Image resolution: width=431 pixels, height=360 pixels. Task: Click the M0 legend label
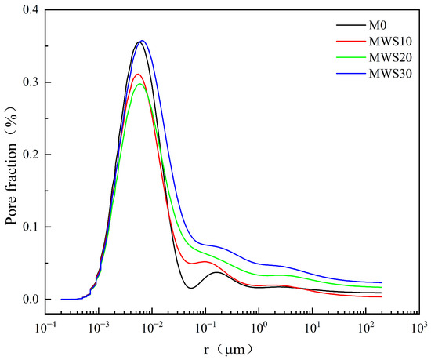(378, 25)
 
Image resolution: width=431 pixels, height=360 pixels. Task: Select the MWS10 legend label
(390, 42)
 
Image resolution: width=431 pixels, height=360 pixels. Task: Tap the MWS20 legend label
(390, 57)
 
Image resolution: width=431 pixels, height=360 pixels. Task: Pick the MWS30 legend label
(390, 74)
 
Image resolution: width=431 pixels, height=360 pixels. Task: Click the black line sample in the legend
(351, 25)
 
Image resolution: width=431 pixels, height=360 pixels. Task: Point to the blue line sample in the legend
(351, 74)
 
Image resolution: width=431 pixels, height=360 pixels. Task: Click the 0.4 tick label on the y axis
(31, 10)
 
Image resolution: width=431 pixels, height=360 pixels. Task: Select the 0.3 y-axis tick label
(31, 82)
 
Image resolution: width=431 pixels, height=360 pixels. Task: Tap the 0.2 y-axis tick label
(31, 155)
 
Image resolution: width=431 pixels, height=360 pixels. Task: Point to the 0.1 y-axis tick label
(31, 227)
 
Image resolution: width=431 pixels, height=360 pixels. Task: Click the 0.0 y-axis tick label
(31, 300)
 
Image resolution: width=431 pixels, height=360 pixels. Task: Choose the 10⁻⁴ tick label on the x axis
(45, 328)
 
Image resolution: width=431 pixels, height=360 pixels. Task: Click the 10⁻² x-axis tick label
(153, 328)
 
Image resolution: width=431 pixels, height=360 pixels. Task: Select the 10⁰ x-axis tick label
(259, 328)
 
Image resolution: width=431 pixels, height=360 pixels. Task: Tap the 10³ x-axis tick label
(419, 328)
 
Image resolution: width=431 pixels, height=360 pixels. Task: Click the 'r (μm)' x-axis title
(227, 350)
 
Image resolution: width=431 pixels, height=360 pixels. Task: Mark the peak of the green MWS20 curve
(139, 84)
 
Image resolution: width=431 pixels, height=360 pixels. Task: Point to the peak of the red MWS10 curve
(138, 75)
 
